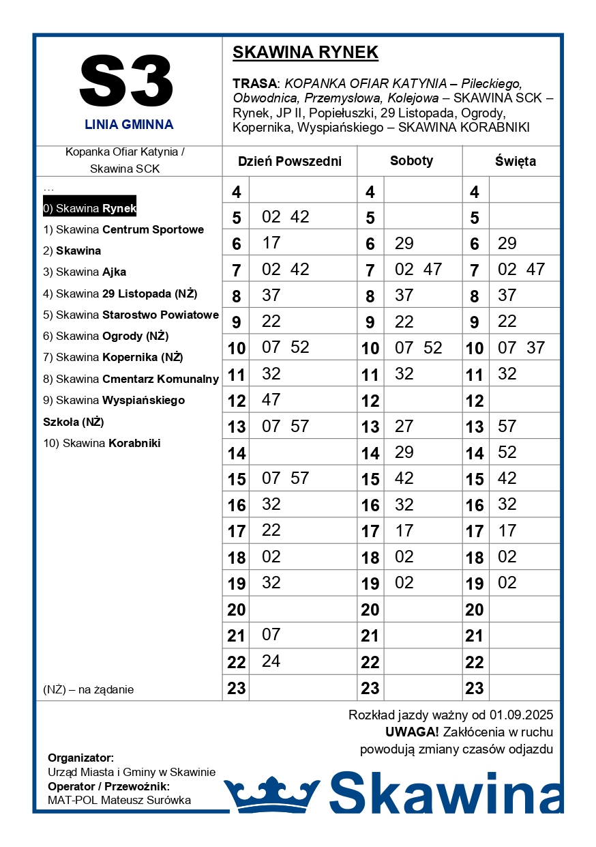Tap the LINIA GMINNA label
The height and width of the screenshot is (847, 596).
coord(129,125)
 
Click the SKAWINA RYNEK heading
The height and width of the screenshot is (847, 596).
coord(305,53)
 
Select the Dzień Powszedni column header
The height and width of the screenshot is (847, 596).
coord(289,162)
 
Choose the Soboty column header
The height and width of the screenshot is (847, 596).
coord(411,161)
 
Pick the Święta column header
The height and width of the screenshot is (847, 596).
coord(515,162)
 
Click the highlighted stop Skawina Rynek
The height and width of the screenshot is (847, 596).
coord(89,208)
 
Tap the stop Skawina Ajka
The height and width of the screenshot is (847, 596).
coord(85,272)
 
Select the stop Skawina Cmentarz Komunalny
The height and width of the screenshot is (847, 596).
coord(130,379)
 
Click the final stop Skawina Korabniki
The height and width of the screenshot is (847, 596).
coord(102,443)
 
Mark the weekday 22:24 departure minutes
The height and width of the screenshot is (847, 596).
coord(271,661)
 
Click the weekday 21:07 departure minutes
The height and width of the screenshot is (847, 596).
coord(271,635)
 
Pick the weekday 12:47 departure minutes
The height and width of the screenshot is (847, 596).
coord(271,399)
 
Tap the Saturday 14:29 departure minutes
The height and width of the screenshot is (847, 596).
coord(404,452)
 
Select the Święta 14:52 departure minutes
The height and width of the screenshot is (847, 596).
coord(507,452)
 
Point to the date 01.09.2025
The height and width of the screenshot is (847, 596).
coord(521,715)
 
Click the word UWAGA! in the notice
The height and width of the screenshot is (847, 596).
coord(412,732)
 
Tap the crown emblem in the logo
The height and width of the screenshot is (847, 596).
coord(272,794)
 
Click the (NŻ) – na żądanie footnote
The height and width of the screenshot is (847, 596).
coord(88,690)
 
